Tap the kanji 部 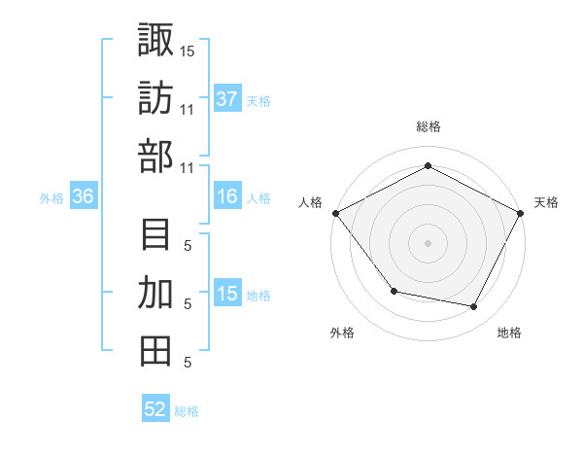click(x=156, y=157)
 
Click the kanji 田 click(x=156, y=351)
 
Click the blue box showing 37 click(x=227, y=99)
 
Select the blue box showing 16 click(x=227, y=197)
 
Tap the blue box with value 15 click(x=227, y=295)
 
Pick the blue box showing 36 click(x=84, y=197)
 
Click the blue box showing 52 click(x=155, y=409)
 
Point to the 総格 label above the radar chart click(x=428, y=126)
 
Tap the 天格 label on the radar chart click(x=546, y=202)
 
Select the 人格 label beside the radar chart click(x=311, y=202)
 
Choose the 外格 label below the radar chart click(x=342, y=333)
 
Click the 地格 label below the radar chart click(x=509, y=333)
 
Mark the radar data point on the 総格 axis click(x=428, y=166)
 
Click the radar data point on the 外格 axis click(x=394, y=291)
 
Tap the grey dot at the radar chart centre click(x=428, y=242)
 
